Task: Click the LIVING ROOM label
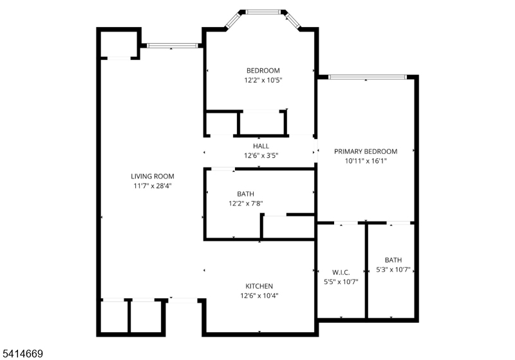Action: click(x=153, y=176)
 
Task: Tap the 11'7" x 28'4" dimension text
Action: click(x=153, y=186)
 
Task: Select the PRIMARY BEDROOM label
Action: click(x=366, y=151)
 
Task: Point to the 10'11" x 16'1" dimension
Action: click(x=366, y=161)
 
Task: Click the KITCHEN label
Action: click(x=259, y=286)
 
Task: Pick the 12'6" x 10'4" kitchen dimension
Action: click(x=259, y=296)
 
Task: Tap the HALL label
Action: click(x=261, y=146)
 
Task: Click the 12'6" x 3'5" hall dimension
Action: click(x=261, y=155)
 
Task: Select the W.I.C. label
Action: click(x=341, y=272)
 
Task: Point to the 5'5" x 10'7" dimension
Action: click(x=341, y=282)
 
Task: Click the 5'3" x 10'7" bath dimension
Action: click(x=393, y=270)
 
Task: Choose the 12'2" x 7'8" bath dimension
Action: click(x=246, y=204)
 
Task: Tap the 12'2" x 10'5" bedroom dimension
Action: click(x=263, y=80)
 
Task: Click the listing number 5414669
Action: click(x=23, y=354)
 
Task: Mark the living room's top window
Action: click(x=173, y=46)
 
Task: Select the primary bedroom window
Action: click(x=367, y=77)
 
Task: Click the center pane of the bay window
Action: click(x=263, y=12)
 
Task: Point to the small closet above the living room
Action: click(x=118, y=44)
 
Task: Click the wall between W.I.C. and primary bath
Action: click(x=366, y=271)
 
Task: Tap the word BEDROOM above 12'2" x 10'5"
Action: click(x=263, y=71)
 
